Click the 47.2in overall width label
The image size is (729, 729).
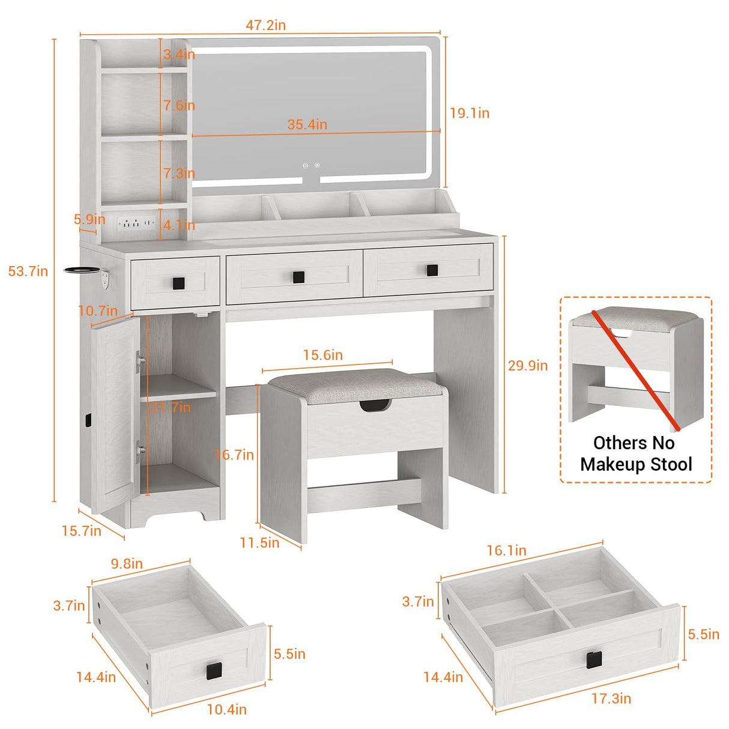[x=265, y=25]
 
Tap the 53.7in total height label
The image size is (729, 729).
[x=28, y=271]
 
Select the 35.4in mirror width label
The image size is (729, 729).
[x=307, y=124]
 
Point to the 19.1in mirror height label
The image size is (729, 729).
[x=470, y=113]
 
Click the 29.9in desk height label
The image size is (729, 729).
[x=528, y=365]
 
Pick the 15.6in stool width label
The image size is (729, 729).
[x=322, y=355]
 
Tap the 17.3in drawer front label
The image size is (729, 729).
[x=611, y=698]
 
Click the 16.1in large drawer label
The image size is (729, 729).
[x=506, y=550]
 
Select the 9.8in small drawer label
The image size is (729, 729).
[x=127, y=563]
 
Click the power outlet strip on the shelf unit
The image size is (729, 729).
[x=136, y=223]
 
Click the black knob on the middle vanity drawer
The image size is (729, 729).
[x=298, y=276]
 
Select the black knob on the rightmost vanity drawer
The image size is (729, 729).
[x=432, y=270]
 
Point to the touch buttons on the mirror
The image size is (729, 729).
[x=311, y=165]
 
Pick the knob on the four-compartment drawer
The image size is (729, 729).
[x=594, y=659]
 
